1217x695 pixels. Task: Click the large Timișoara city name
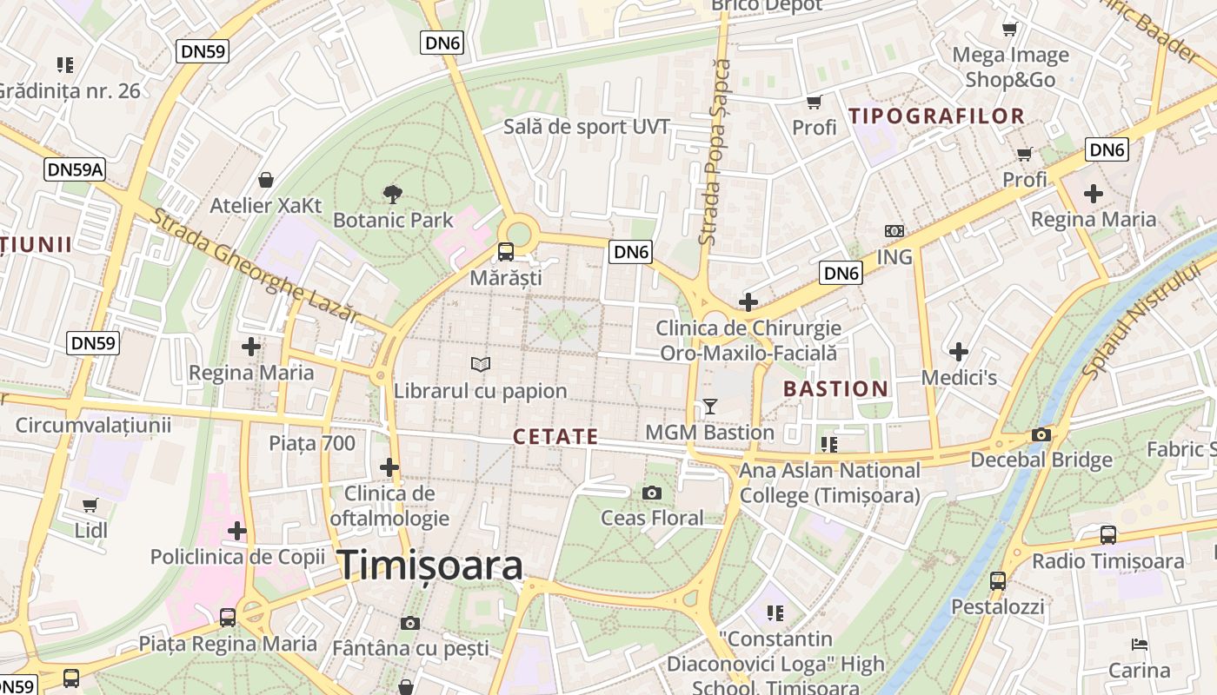[430, 566]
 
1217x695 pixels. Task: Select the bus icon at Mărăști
[505, 253]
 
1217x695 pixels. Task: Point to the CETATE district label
[555, 437]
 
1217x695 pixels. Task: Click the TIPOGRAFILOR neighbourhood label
[936, 116]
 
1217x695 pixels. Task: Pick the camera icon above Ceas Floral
[652, 493]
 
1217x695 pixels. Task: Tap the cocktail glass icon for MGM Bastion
[710, 407]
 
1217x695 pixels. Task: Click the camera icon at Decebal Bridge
[1041, 435]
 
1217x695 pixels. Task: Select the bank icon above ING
[894, 231]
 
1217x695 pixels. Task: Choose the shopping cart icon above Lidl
[90, 505]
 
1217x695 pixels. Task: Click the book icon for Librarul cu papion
[480, 365]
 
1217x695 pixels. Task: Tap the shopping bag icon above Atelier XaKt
[266, 180]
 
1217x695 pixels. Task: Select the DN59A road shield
[75, 169]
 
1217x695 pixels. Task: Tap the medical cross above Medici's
[959, 352]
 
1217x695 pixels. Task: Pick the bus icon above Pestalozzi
[998, 580]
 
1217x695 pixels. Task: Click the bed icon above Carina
[1140, 645]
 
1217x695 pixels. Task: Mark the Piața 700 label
[311, 444]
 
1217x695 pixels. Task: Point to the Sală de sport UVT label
[587, 128]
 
